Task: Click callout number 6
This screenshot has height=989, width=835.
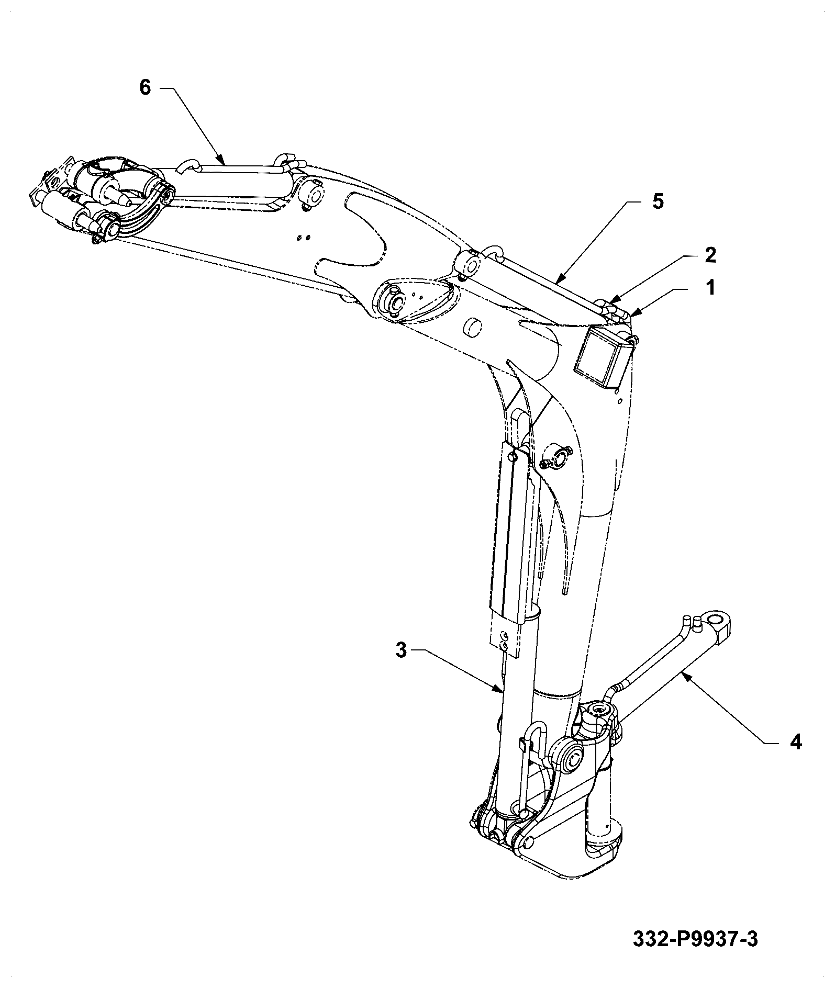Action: (144, 87)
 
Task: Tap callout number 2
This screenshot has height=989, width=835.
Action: (710, 255)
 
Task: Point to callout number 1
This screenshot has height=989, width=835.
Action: (710, 287)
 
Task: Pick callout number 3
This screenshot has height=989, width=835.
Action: (400, 651)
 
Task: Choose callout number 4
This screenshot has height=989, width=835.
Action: (795, 741)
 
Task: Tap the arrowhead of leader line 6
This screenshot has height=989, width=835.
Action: (222, 160)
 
